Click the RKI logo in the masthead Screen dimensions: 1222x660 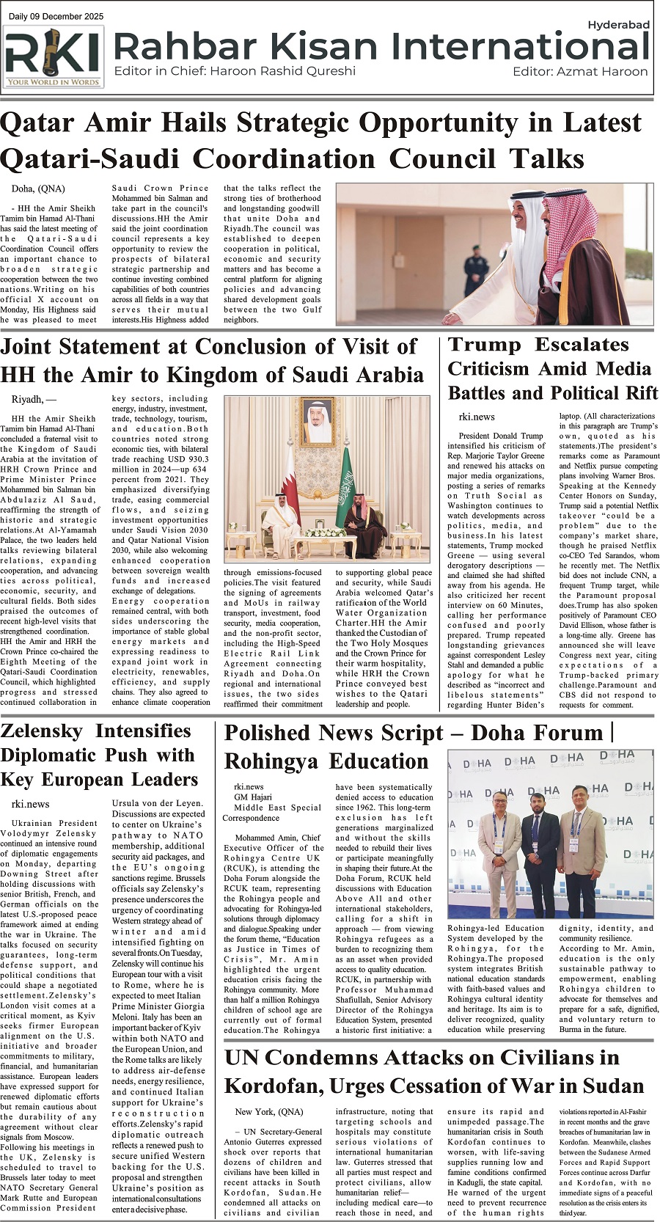tap(54, 57)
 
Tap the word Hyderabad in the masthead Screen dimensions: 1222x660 tap(618, 25)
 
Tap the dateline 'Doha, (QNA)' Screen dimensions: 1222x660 tap(38, 189)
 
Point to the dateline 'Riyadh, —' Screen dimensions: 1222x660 tap(34, 400)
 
